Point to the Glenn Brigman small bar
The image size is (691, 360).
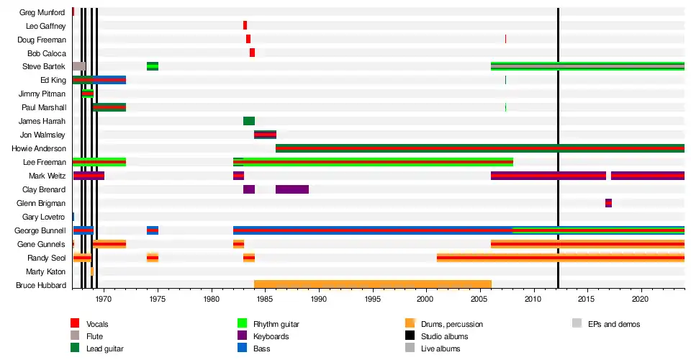[x=608, y=203]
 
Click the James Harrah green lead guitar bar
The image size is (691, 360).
[x=249, y=121]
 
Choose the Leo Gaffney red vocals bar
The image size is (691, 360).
[x=245, y=25]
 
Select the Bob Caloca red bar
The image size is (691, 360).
[x=252, y=53]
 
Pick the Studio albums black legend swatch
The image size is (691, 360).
[x=410, y=336]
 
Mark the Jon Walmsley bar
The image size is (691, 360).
[x=265, y=135]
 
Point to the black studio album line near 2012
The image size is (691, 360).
[x=558, y=144]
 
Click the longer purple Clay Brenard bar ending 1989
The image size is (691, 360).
[x=292, y=189]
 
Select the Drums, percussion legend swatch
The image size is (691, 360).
[x=410, y=324]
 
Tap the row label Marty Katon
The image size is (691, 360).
[x=46, y=271]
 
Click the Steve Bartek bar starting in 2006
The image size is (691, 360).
[x=587, y=66]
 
